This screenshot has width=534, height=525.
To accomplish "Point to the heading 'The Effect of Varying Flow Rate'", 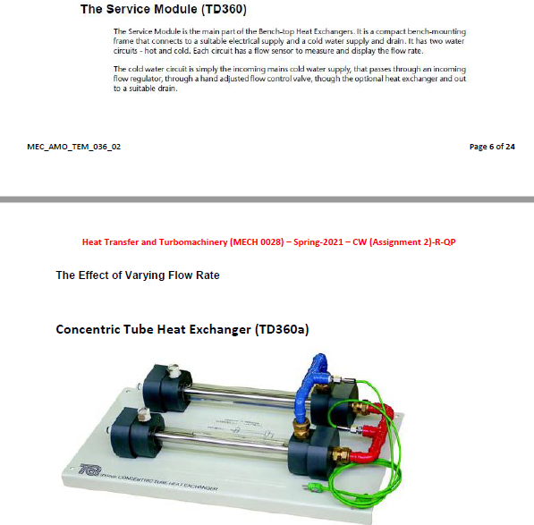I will pos(138,275).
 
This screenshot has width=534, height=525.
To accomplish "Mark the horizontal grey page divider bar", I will pos(267,197).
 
